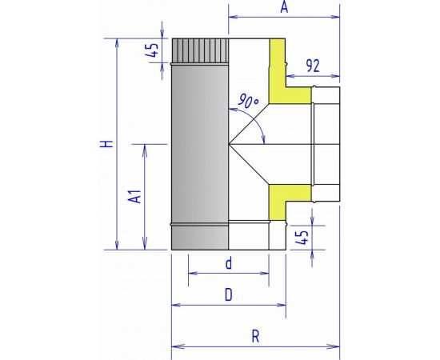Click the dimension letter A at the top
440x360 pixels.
(284, 6)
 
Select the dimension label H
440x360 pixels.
(106, 144)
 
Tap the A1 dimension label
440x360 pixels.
(134, 196)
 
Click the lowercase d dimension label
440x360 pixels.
(229, 263)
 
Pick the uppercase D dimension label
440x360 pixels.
(229, 294)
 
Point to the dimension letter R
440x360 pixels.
(255, 336)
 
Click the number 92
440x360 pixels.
(313, 66)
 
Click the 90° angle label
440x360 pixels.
(248, 101)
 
